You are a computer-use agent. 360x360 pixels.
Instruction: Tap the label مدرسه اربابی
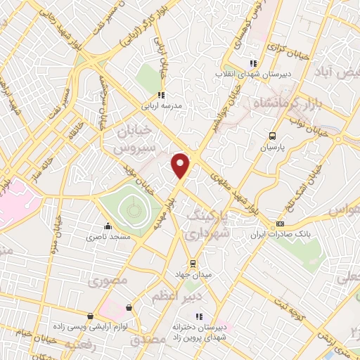(162, 107)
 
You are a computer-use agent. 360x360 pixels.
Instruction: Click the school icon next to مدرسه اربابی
(162, 95)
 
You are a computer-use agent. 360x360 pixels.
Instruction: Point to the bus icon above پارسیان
(272, 136)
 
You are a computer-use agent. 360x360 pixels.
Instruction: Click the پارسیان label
(272, 148)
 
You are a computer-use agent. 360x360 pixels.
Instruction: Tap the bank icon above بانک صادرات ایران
(281, 223)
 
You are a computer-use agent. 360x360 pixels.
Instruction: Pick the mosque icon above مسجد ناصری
(107, 226)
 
